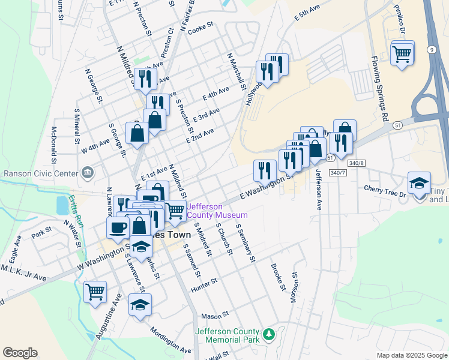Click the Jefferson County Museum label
(x=217, y=211)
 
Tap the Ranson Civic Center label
(x=41, y=173)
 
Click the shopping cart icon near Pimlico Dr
(x=402, y=54)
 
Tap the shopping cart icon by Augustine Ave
(x=95, y=292)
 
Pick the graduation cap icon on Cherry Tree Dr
(x=419, y=184)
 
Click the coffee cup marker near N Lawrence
(x=118, y=227)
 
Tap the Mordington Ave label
(x=170, y=340)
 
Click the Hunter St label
(x=203, y=289)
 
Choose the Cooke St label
(x=200, y=29)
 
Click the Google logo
(x=20, y=353)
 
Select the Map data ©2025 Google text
(x=411, y=355)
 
